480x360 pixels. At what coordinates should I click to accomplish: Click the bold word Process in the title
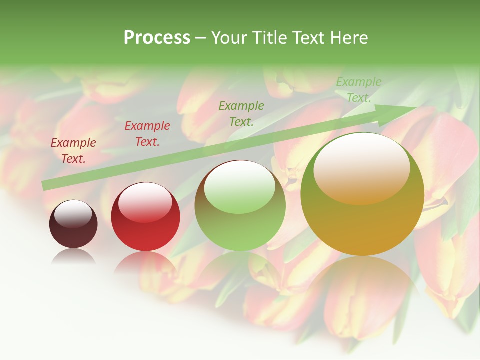point(157,38)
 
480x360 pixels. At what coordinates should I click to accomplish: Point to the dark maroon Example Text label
point(73,151)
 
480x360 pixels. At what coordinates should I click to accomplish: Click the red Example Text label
point(147,134)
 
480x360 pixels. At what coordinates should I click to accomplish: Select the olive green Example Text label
point(241,113)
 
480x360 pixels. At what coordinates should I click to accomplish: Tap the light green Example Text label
point(358,90)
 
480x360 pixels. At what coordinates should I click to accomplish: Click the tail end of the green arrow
point(45,185)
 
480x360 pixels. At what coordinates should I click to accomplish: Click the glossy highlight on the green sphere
point(240,186)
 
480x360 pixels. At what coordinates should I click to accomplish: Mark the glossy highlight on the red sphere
point(145,201)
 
